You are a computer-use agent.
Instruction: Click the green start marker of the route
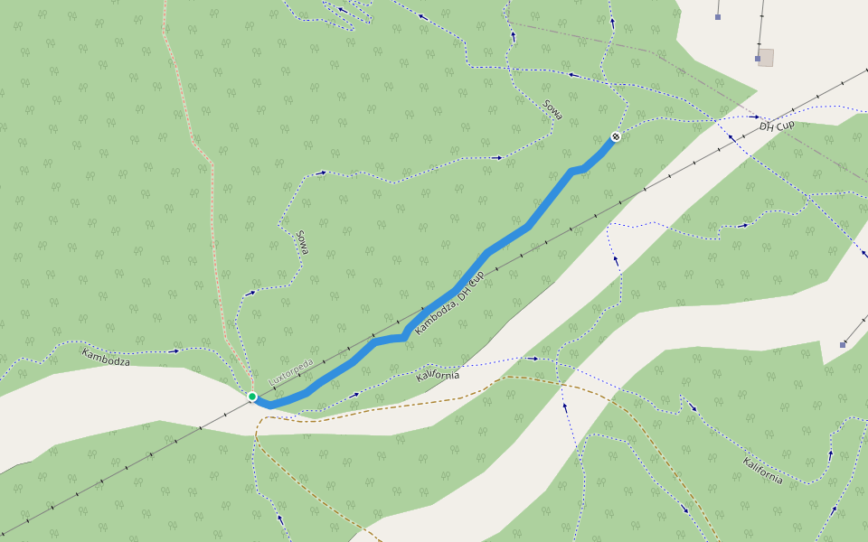click(252, 397)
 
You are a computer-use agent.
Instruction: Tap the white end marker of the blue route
click(616, 136)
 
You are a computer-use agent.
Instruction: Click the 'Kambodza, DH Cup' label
click(449, 304)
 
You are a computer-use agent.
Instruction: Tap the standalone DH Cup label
click(777, 125)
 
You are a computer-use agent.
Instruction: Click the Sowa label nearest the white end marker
click(553, 110)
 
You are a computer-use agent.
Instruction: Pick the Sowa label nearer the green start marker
click(302, 241)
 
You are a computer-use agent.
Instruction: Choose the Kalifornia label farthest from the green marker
click(763, 471)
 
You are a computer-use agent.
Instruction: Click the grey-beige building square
click(766, 58)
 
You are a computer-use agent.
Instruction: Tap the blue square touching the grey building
click(759, 59)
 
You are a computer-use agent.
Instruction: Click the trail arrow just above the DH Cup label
click(756, 117)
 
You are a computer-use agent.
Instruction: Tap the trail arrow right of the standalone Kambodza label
click(175, 350)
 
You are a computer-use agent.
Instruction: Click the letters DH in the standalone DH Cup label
click(767, 127)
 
